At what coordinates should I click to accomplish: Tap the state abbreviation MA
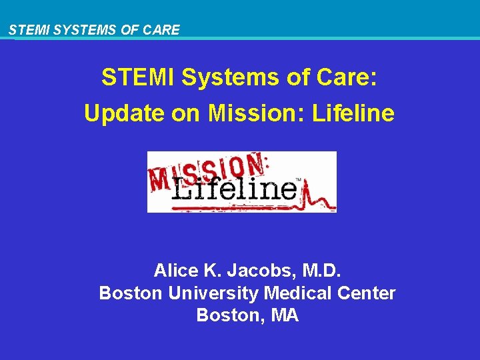(285, 316)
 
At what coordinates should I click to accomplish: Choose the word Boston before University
(131, 293)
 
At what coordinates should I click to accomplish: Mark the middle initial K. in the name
(211, 271)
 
